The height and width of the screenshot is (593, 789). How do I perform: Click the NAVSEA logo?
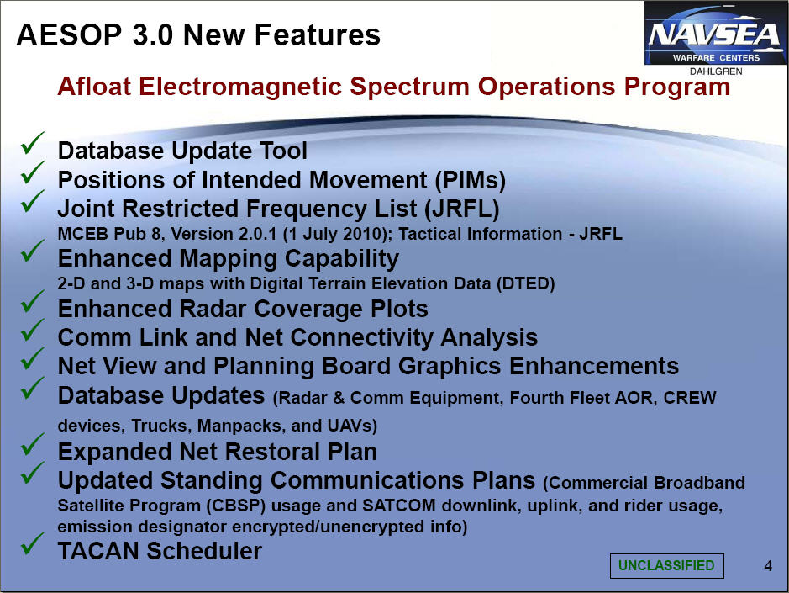[715, 34]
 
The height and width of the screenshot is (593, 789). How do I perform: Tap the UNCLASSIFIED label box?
[666, 565]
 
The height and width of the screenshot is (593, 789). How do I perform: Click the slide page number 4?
[768, 566]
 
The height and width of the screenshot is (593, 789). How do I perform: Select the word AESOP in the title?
[70, 35]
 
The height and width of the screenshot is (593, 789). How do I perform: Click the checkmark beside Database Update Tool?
[32, 143]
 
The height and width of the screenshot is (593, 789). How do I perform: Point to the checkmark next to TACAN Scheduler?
[32, 543]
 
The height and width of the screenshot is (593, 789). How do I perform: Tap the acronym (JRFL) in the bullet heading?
[462, 209]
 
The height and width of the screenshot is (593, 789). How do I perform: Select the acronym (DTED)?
[525, 283]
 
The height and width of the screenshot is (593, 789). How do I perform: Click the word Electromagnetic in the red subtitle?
[240, 86]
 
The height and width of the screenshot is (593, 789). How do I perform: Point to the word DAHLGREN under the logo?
[716, 71]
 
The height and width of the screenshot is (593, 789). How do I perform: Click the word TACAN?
[98, 551]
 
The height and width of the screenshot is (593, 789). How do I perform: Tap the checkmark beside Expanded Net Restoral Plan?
[32, 444]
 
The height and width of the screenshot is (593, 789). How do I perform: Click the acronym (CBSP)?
[235, 506]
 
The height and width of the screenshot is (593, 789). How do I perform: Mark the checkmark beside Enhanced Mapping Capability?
[32, 251]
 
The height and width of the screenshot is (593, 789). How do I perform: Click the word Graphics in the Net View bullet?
[450, 367]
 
